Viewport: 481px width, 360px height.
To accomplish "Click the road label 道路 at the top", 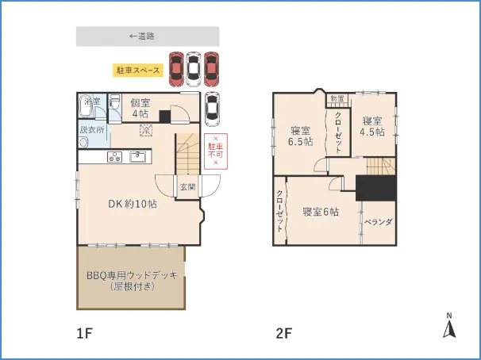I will click(146, 36).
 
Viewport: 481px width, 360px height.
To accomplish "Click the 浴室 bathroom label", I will click(92, 101).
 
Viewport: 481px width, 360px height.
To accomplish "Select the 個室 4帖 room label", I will click(140, 107).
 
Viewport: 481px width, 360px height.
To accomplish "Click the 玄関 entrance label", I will click(187, 187).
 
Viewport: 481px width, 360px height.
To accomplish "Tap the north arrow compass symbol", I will click(448, 327).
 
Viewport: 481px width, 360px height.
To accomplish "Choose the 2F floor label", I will click(283, 334).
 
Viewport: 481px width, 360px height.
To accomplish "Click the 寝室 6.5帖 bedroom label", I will click(300, 136).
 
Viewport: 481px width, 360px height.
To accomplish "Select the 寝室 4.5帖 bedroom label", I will click(372, 126).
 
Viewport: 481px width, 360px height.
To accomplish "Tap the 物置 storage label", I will click(338, 99).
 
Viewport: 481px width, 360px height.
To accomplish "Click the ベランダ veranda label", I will click(378, 222).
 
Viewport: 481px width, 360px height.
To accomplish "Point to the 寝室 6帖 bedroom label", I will click(321, 212).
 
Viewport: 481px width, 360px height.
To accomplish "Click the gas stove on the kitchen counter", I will click(113, 156).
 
